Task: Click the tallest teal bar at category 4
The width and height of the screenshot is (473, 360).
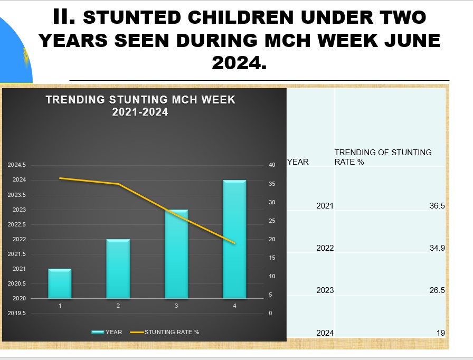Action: (x=234, y=239)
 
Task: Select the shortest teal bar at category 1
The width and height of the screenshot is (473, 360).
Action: (x=60, y=283)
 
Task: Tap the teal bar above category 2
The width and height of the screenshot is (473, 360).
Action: (x=118, y=269)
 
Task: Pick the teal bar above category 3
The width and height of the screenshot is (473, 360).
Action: (x=176, y=254)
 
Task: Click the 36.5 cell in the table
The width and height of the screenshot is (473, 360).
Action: (x=437, y=206)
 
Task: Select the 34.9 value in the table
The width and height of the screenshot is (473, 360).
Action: (x=437, y=248)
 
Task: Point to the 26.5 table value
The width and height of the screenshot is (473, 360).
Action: (x=437, y=290)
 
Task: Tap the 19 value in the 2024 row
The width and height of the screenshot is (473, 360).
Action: (x=440, y=333)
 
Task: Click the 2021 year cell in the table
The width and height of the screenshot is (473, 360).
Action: (x=325, y=206)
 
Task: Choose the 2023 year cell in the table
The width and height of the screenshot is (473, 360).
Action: (x=325, y=290)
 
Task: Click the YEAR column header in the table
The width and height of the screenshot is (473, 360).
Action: (x=298, y=162)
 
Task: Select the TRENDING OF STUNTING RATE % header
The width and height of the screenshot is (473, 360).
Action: (x=383, y=157)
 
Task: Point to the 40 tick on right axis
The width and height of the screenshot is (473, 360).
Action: (x=272, y=165)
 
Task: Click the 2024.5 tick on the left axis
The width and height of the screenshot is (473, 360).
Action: (x=16, y=165)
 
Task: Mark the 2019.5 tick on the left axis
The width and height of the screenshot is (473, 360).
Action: (x=16, y=313)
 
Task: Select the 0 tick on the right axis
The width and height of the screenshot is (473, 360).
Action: (x=270, y=313)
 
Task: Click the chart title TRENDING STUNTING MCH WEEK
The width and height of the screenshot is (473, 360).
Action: (x=140, y=100)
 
